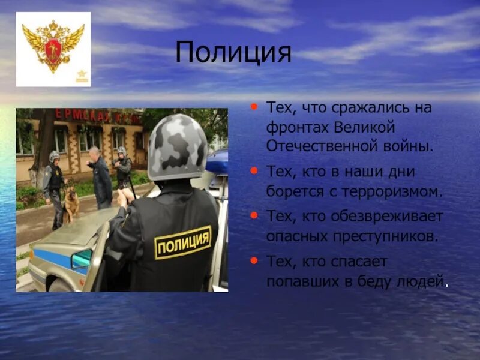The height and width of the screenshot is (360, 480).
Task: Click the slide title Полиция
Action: [x=233, y=53]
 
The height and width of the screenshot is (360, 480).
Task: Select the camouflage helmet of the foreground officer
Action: [x=178, y=147]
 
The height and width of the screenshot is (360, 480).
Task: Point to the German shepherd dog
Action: [x=71, y=203]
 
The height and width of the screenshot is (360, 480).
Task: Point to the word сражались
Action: [x=365, y=109]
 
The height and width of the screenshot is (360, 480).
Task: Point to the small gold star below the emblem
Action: [x=82, y=76]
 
